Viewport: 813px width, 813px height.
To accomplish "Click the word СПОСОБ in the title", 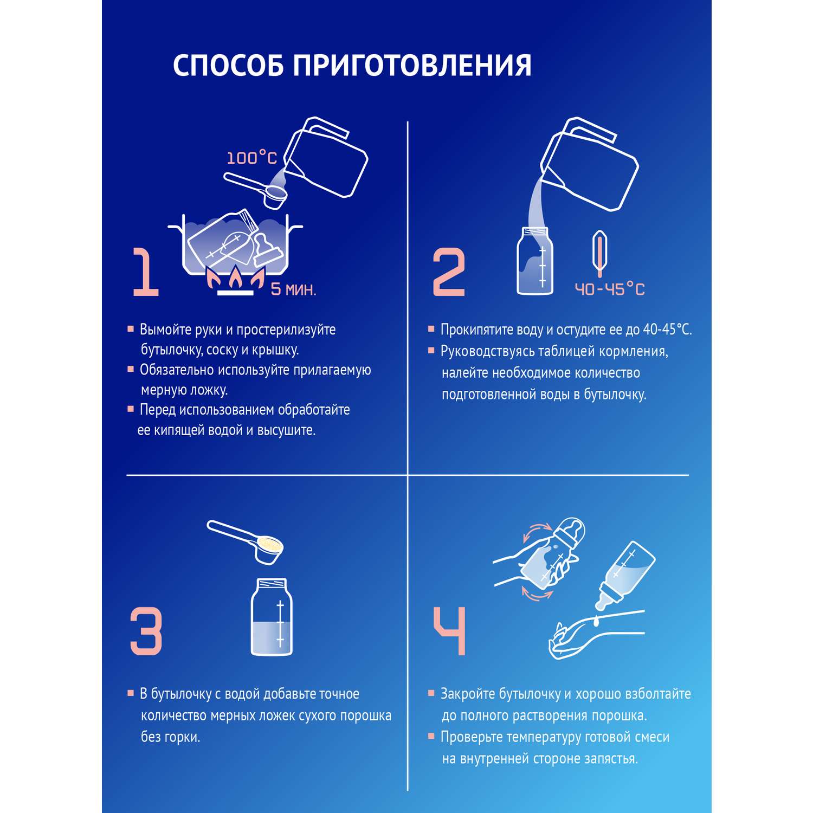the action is pyautogui.click(x=228, y=66).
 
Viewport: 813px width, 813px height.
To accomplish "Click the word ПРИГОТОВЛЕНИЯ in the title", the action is pyautogui.click(x=412, y=66).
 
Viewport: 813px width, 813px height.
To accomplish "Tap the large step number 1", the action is pyautogui.click(x=146, y=272).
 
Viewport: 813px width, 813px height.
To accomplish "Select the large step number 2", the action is pyautogui.click(x=449, y=272).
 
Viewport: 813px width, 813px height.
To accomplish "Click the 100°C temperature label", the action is pyautogui.click(x=252, y=158).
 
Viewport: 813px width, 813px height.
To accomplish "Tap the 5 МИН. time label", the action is pyautogui.click(x=293, y=289).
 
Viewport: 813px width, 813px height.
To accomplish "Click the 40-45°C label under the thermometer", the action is pyautogui.click(x=610, y=289).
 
